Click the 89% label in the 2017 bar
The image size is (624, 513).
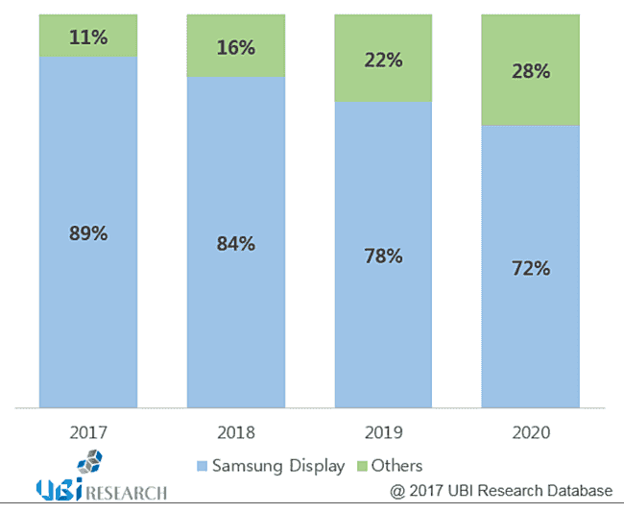87,232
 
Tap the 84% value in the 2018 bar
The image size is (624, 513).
235,243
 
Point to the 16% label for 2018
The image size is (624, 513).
235,48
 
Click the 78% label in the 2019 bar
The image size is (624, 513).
382,256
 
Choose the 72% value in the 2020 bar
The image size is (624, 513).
530,268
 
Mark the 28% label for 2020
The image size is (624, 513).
530,72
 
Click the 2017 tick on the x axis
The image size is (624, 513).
87,433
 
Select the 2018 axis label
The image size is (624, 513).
235,433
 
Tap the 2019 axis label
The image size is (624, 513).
382,433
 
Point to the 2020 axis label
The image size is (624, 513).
530,433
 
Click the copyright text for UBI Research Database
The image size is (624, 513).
500,491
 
